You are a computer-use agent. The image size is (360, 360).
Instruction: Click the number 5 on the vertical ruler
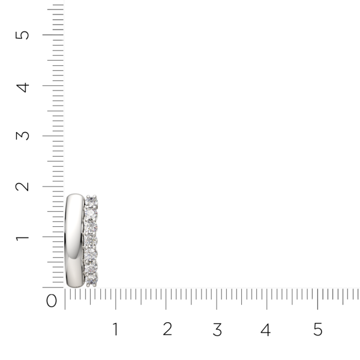pos(22,34)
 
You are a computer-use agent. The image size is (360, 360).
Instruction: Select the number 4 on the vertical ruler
pos(22,86)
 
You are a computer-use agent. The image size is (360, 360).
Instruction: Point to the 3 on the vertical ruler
pos(22,135)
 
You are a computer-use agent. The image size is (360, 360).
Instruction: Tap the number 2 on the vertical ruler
pos(22,186)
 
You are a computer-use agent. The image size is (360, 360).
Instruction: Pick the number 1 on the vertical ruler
pos(22,237)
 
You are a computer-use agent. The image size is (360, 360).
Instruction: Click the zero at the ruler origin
pos(52,301)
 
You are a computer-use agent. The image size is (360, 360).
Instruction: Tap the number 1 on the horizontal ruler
pos(115,329)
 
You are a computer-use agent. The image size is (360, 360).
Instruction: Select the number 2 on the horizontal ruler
pos(167,329)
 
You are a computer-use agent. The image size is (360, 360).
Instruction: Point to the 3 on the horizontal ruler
pos(217,329)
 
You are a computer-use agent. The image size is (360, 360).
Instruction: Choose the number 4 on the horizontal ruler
pos(266,329)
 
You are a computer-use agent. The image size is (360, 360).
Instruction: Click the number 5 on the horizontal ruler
pos(318,329)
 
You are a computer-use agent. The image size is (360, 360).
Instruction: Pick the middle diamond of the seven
pos(91,240)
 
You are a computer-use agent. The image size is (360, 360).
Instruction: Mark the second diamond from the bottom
pos(91,266)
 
